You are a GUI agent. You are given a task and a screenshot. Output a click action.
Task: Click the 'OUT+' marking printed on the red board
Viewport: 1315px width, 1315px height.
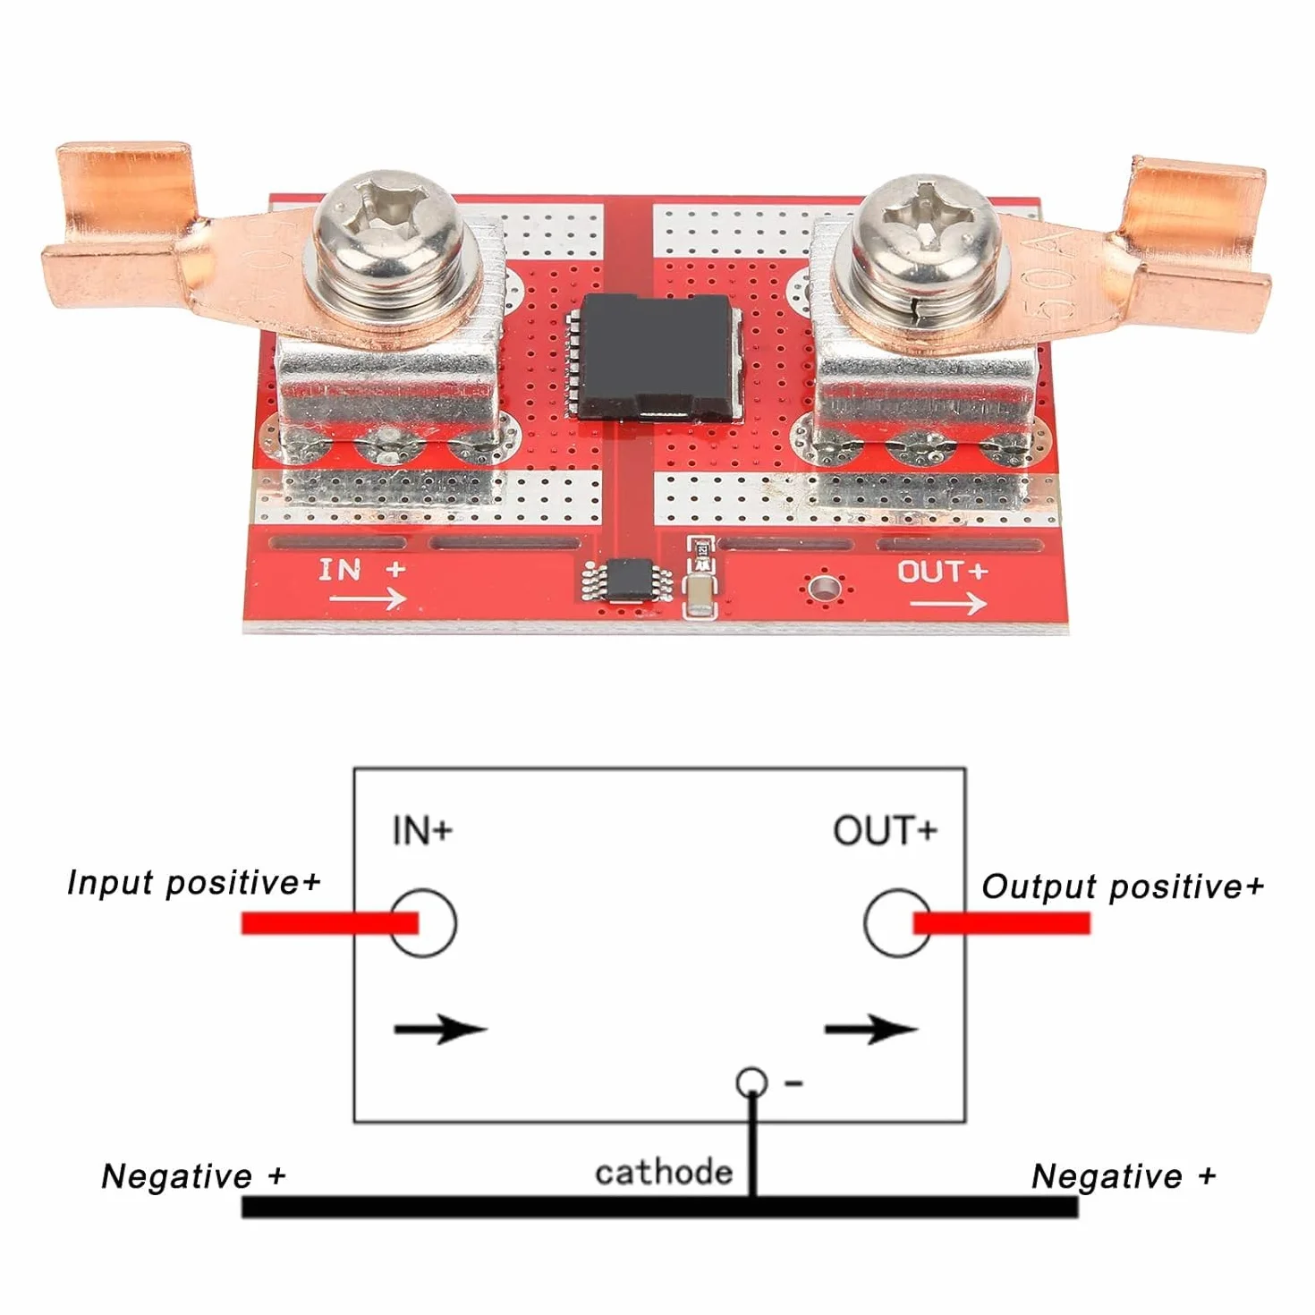[942, 571]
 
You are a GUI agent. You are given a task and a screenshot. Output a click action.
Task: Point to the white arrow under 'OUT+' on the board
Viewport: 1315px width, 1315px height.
[948, 603]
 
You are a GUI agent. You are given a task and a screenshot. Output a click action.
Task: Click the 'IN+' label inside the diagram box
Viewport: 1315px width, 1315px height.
[422, 830]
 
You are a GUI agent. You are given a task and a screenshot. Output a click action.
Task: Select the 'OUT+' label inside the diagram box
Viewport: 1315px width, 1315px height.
[885, 830]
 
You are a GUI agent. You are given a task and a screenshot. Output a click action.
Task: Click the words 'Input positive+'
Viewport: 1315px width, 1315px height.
[194, 883]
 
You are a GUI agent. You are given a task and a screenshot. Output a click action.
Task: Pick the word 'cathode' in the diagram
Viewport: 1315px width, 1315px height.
[664, 1173]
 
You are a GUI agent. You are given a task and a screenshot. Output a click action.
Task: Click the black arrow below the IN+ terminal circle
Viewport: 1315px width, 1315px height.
[441, 1029]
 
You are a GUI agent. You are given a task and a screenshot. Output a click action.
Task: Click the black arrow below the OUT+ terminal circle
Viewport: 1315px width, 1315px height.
[871, 1029]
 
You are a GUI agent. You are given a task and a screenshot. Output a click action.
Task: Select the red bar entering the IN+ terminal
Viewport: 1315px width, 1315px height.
[329, 922]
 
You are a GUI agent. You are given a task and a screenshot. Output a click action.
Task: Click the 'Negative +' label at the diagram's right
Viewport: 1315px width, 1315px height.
[1124, 1176]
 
